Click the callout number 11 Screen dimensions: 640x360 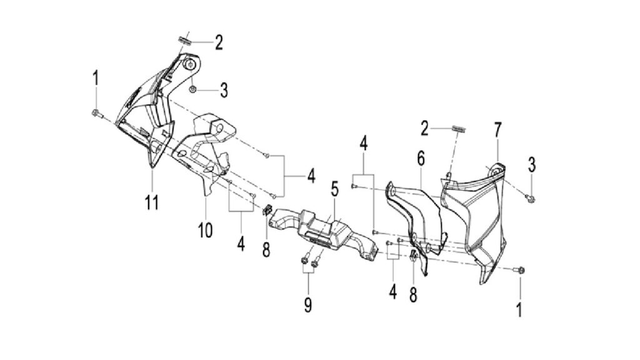[x=152, y=202]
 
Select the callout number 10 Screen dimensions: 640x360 [x=205, y=231]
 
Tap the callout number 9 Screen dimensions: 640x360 [x=308, y=305]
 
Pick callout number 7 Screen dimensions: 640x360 [x=497, y=130]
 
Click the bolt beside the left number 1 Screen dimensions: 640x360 [x=96, y=113]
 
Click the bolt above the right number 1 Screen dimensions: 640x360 [x=520, y=270]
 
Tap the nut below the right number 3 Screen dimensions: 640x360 [x=531, y=198]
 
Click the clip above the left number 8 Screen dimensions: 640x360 [x=267, y=210]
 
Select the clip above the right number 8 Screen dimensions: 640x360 [x=412, y=256]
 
